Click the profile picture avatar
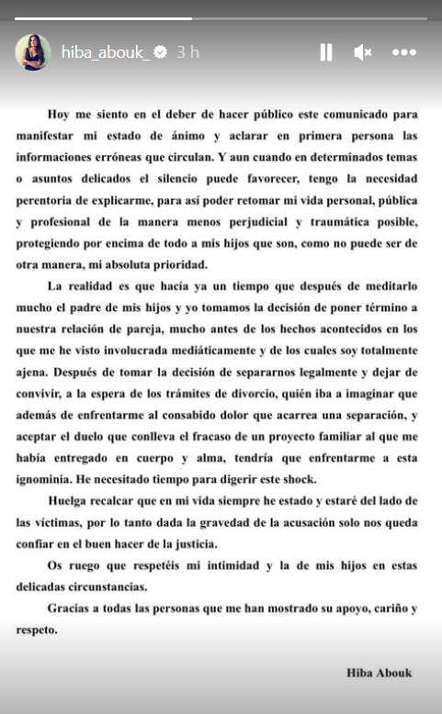coord(32,52)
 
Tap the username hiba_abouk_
coord(105,52)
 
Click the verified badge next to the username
coord(161,52)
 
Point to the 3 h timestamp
coord(187,52)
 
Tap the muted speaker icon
coord(362,52)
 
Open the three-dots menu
coord(404,52)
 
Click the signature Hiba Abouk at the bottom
coord(380,673)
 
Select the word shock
coord(293,478)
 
